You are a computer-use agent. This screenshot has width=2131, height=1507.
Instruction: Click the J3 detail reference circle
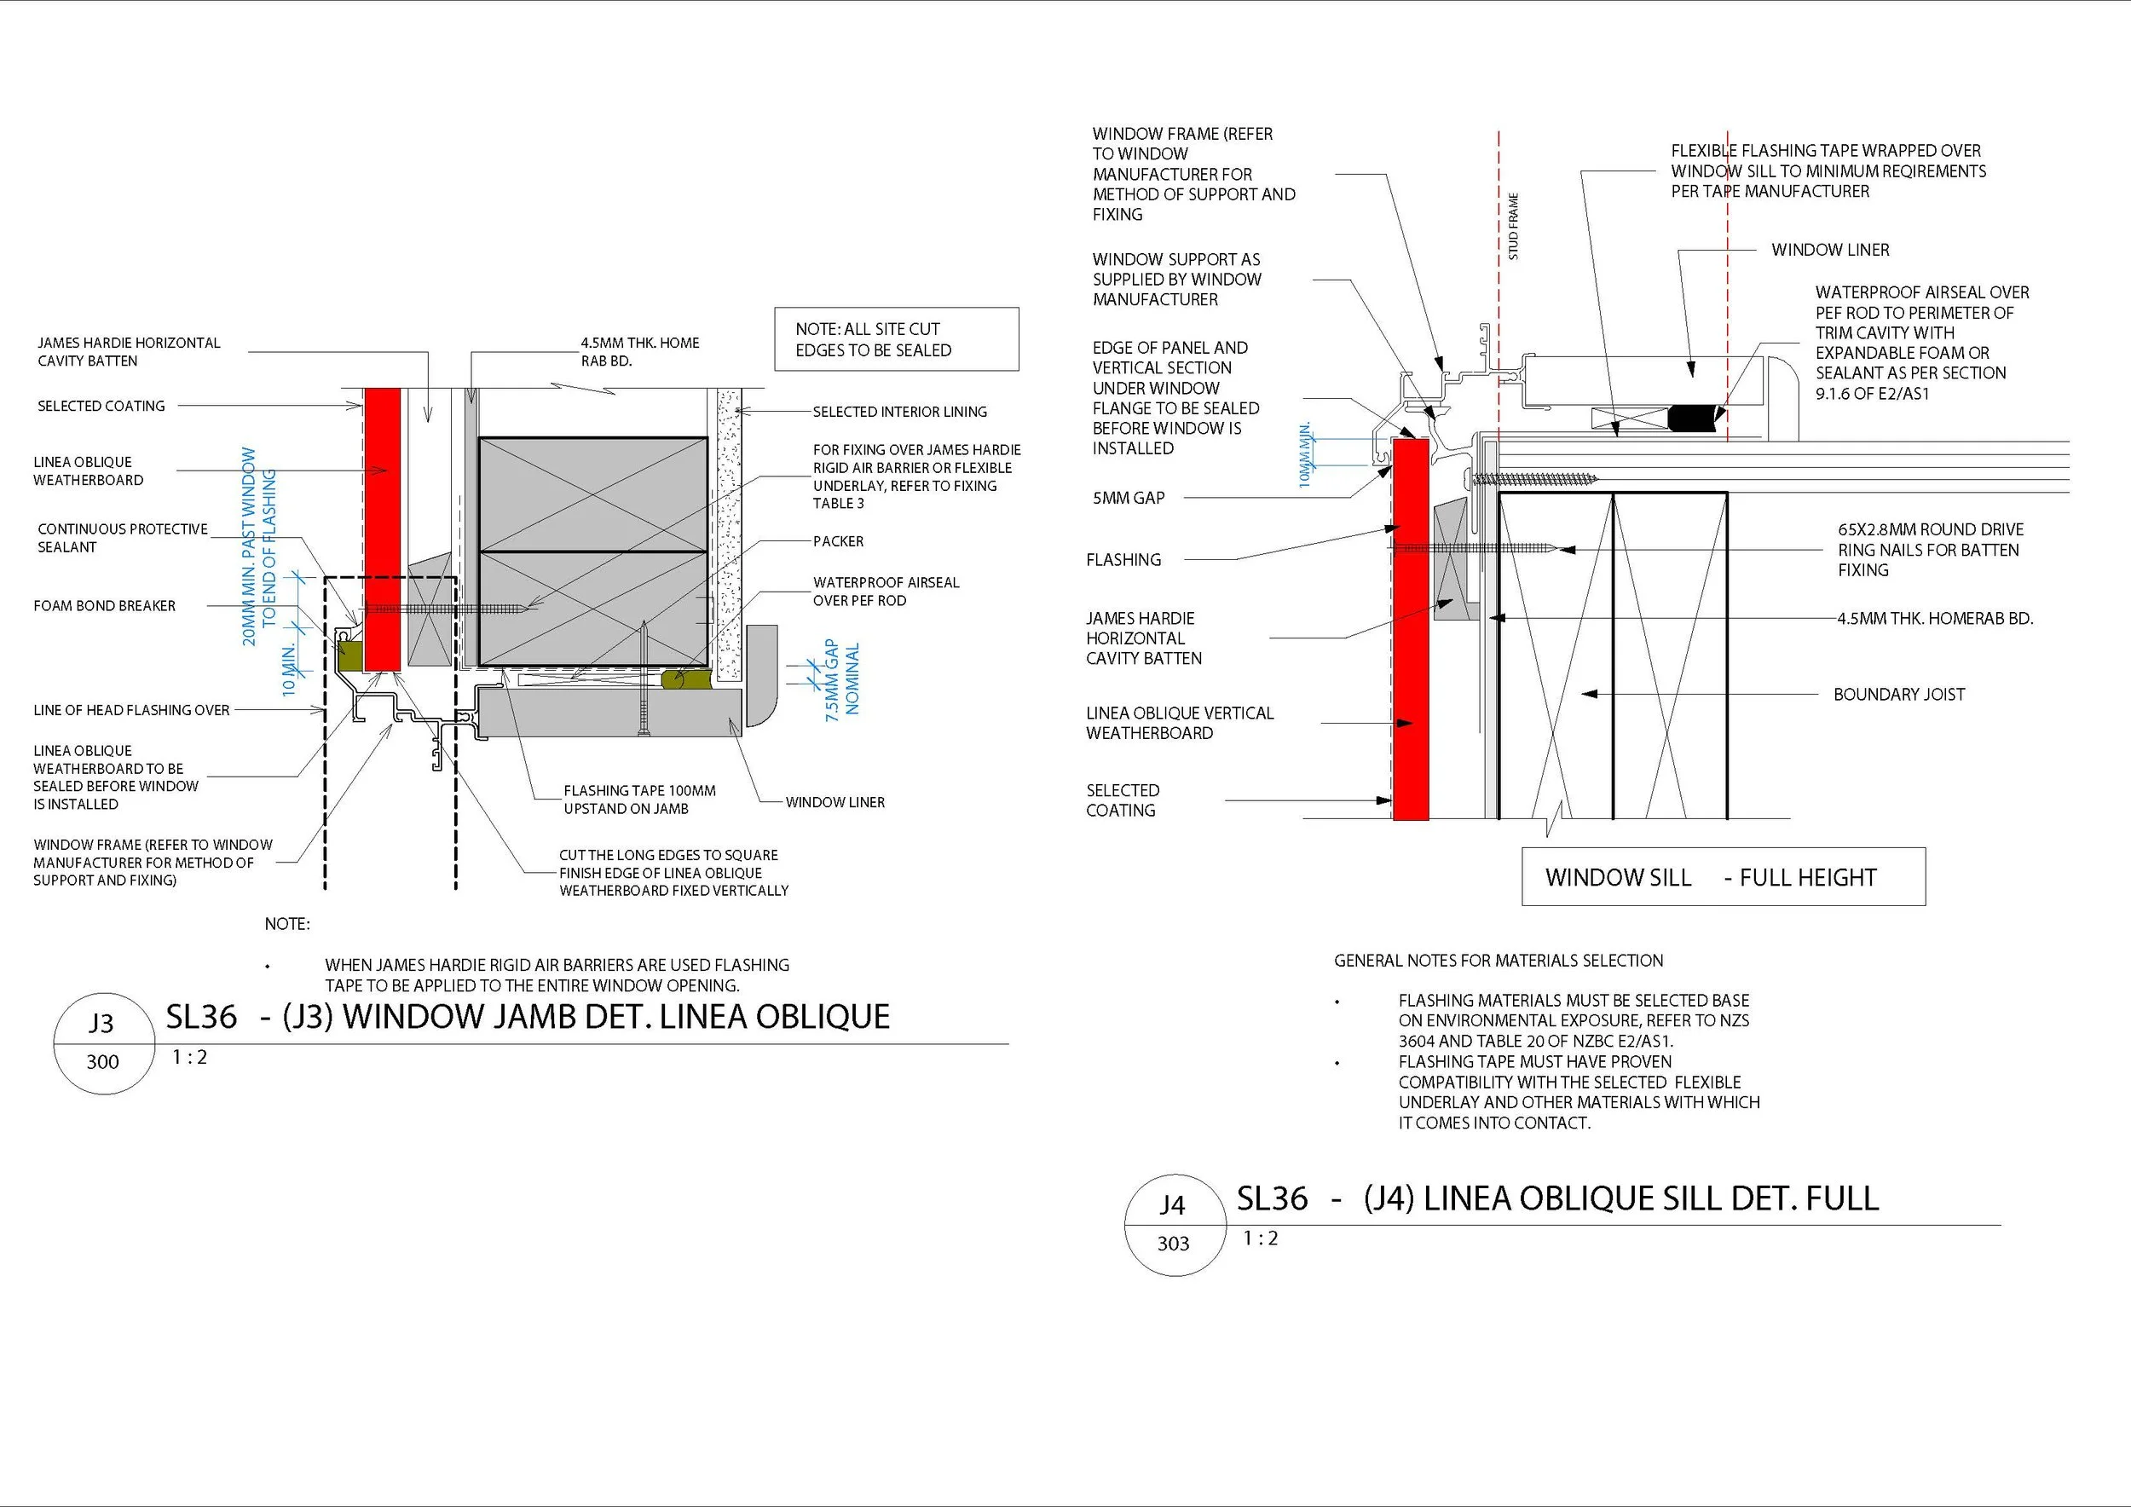[102, 1042]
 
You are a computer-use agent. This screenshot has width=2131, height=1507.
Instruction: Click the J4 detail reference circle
[1172, 1224]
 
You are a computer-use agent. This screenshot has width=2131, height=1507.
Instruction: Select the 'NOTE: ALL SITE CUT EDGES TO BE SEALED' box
[896, 339]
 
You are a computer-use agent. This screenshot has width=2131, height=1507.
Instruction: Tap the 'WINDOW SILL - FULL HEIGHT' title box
[1724, 877]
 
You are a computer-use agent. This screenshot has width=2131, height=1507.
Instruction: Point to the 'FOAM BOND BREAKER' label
[104, 606]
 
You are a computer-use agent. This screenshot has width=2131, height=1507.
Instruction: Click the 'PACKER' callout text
[838, 541]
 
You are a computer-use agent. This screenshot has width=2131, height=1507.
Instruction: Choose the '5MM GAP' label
[1129, 498]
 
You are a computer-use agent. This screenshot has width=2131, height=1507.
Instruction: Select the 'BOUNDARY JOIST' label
[1899, 694]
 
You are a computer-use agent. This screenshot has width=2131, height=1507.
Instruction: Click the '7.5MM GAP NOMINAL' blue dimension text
[842, 678]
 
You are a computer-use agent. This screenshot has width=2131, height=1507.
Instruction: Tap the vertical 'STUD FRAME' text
[1514, 227]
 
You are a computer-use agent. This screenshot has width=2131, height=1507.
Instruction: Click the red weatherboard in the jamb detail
[383, 529]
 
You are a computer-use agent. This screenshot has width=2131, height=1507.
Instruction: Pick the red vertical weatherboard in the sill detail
[1410, 631]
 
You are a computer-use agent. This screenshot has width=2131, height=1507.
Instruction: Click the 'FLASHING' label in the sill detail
[1123, 559]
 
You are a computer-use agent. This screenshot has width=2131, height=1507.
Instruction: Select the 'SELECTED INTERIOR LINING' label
[899, 411]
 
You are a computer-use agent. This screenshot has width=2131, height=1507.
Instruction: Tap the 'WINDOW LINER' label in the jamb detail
[835, 802]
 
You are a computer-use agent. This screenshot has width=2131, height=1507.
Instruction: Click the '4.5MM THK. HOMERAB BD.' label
[1935, 618]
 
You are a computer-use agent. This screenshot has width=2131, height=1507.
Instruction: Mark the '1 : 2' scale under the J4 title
[1261, 1238]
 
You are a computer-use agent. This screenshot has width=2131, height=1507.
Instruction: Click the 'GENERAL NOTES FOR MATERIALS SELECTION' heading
[1498, 961]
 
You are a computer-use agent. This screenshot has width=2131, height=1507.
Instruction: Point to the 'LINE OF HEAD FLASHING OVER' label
[132, 710]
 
